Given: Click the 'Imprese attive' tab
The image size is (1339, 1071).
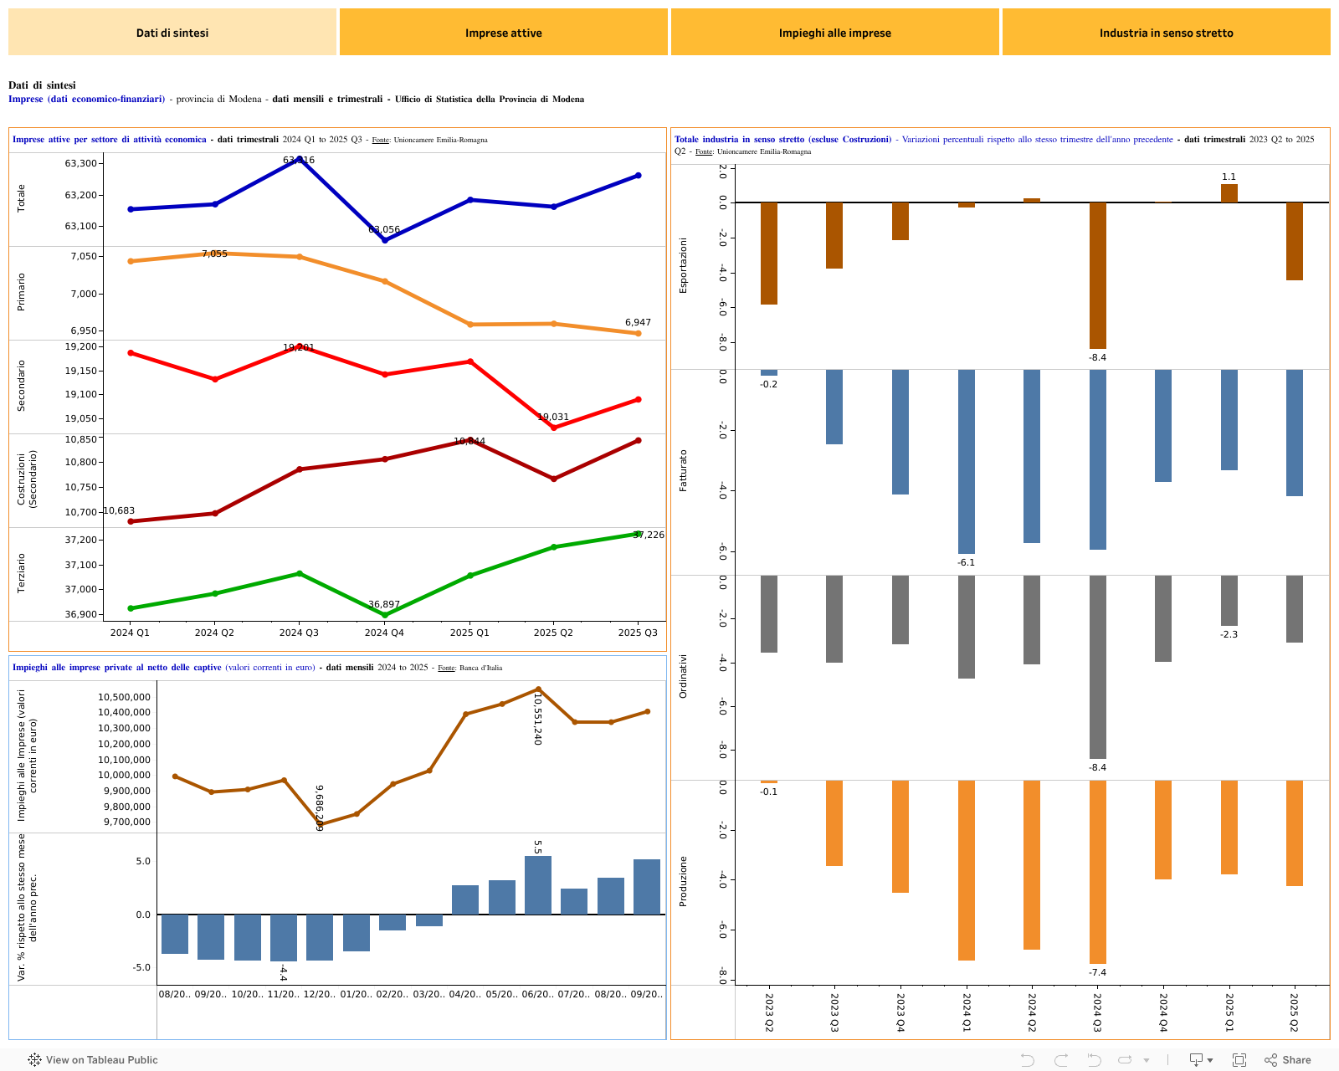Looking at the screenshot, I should [503, 33].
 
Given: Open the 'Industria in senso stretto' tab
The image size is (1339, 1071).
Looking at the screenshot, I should [1166, 33].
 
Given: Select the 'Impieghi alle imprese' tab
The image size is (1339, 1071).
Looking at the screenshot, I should [834, 33].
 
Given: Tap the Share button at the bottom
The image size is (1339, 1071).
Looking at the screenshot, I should [1288, 1060].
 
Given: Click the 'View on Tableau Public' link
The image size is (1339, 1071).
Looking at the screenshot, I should [93, 1060].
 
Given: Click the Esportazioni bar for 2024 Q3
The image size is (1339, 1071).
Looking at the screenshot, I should [1097, 276].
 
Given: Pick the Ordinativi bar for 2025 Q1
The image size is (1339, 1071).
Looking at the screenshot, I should [1229, 601].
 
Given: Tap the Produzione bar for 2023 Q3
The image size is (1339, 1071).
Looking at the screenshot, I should [834, 823].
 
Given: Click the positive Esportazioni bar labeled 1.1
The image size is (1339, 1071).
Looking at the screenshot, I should [1229, 193].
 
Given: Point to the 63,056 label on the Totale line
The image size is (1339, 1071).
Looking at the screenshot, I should [384, 229].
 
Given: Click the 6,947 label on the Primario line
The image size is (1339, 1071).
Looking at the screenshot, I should [638, 322].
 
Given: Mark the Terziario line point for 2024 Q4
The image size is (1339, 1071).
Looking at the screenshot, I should [385, 615].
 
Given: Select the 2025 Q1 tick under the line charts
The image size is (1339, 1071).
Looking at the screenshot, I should [469, 633].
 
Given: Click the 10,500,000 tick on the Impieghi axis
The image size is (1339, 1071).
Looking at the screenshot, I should [124, 697].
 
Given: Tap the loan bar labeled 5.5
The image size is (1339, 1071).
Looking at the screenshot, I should [537, 885].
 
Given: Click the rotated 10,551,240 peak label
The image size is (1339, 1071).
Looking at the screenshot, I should [538, 719].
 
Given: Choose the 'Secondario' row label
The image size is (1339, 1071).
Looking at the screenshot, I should [22, 386].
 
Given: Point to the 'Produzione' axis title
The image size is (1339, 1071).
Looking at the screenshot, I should [683, 881].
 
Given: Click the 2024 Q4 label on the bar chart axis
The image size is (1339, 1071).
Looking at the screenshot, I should [1163, 1012].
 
